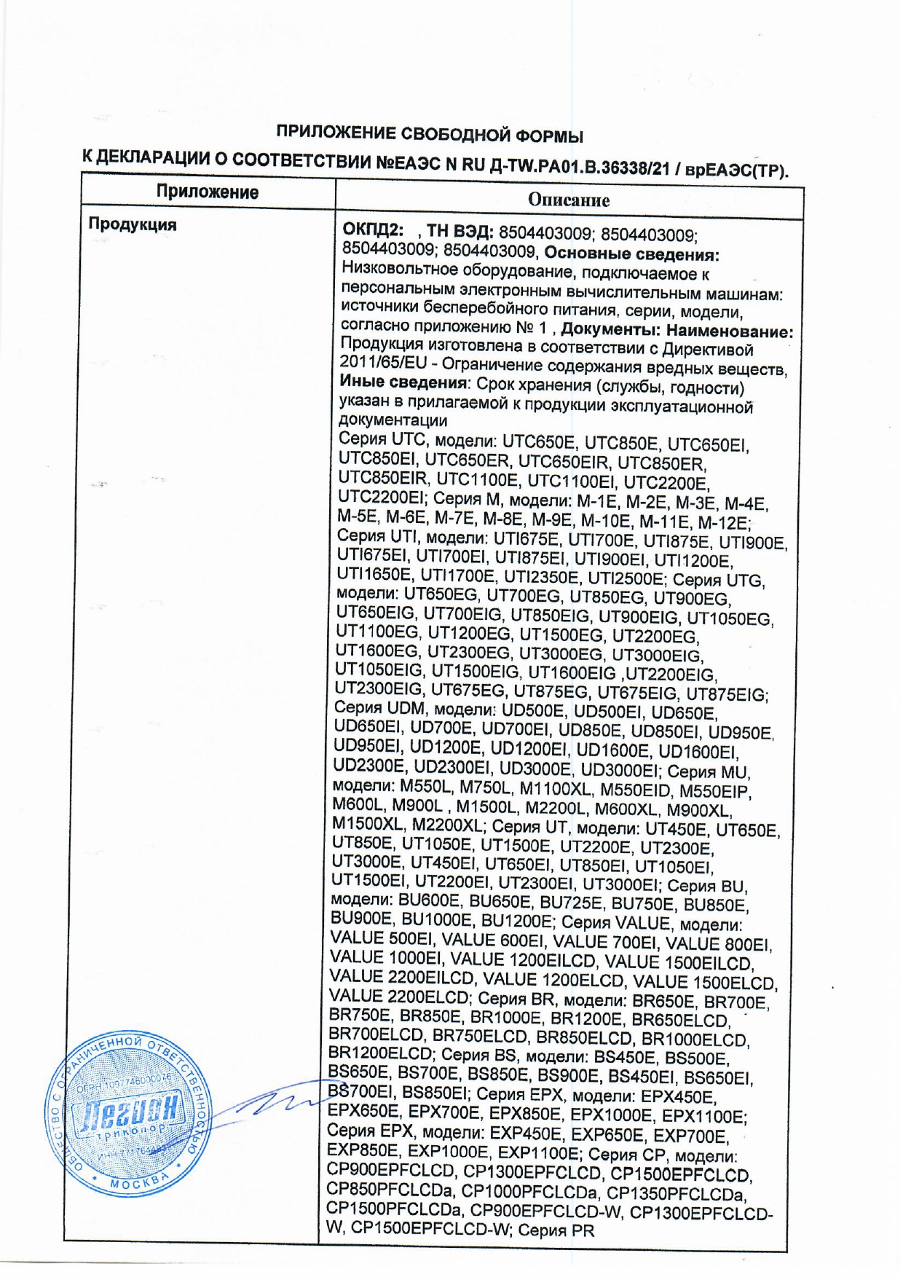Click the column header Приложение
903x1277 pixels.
pyautogui.click(x=208, y=192)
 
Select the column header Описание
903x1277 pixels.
pyautogui.click(x=568, y=200)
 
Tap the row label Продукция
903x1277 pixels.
pyautogui.click(x=133, y=224)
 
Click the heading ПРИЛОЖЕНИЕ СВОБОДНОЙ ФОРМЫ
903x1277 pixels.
pyautogui.click(x=430, y=135)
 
